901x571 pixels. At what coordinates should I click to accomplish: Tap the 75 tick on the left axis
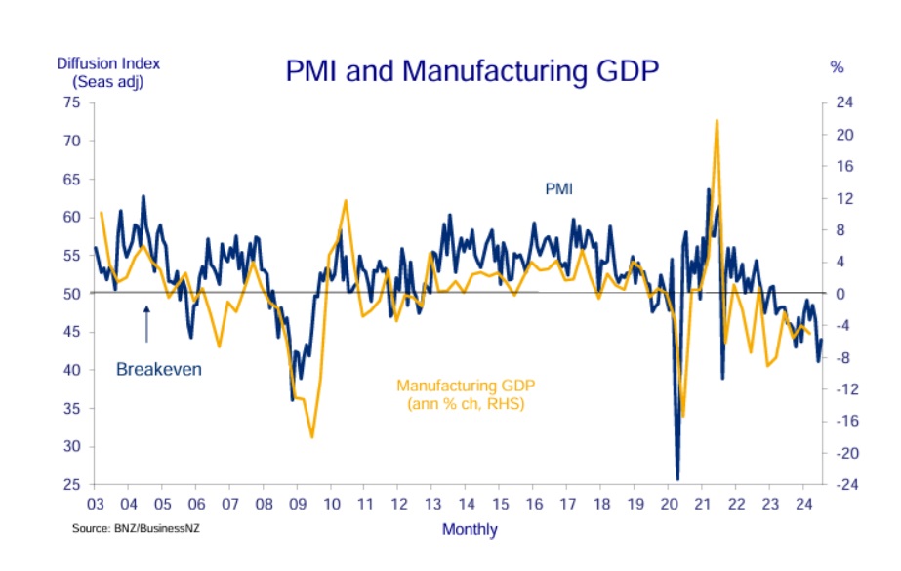point(71,102)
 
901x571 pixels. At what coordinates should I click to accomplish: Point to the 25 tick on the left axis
point(71,485)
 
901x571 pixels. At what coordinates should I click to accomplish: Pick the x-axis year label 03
point(95,504)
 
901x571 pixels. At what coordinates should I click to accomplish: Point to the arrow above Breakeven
point(146,323)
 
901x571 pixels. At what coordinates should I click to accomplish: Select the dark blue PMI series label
point(558,188)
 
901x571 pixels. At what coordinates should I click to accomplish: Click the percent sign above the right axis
point(837,68)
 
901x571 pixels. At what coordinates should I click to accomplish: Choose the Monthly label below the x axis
point(470,530)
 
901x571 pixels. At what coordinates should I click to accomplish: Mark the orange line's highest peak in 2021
point(717,121)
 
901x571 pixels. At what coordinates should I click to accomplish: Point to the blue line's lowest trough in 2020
point(677,479)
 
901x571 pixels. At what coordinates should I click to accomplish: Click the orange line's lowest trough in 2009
point(311,436)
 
